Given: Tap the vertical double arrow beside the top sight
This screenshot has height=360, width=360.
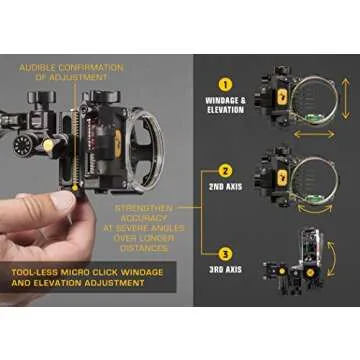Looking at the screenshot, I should click(346, 94).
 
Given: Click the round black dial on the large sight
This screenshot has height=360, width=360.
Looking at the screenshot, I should click(23, 145).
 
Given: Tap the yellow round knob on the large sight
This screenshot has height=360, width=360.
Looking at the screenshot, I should click(48, 145).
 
